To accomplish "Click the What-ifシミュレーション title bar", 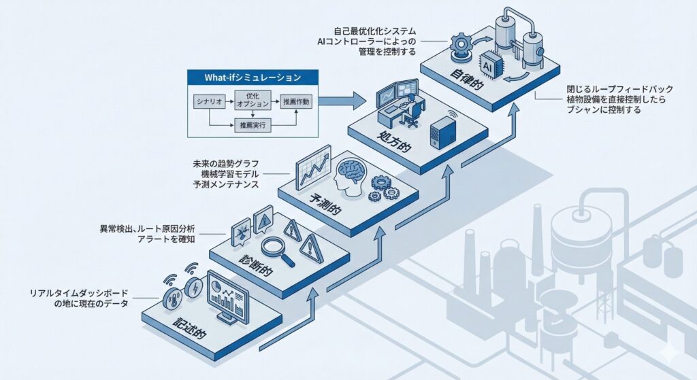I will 253,77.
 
